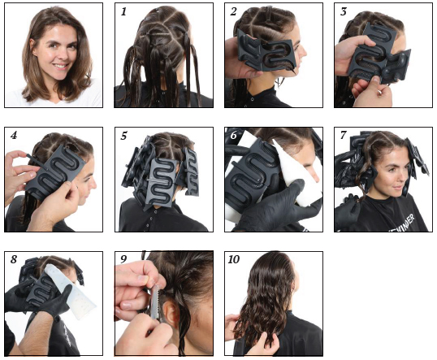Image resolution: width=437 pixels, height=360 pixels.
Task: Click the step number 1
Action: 123,11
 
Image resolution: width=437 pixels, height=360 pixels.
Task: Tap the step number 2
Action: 233,11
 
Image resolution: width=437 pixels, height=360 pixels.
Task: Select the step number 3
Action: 343,11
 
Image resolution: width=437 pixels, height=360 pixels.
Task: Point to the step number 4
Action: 14,136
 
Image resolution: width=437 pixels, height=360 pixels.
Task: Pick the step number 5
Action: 123,136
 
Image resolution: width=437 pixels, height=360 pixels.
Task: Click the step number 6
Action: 234,136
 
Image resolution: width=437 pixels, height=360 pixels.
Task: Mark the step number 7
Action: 343,136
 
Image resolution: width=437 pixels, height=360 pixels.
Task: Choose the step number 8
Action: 14,259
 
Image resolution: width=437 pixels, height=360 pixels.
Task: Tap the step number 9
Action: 123,259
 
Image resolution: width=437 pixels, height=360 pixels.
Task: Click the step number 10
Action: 234,259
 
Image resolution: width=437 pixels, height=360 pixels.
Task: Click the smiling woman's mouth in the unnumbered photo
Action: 61,67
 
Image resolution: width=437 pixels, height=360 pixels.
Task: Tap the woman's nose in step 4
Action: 93,183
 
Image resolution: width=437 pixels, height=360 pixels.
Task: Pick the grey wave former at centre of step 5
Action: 162,180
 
